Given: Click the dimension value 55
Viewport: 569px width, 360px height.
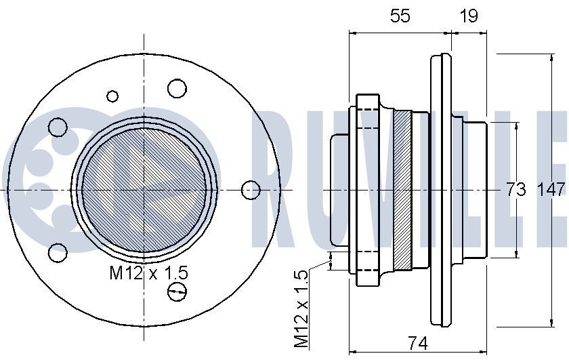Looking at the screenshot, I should click(x=400, y=16).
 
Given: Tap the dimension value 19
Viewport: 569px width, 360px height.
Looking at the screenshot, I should click(x=468, y=16).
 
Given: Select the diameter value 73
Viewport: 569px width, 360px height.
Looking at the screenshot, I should click(x=516, y=191).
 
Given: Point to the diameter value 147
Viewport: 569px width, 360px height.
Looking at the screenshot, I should click(x=551, y=191).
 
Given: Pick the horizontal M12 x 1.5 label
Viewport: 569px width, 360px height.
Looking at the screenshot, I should click(x=149, y=273).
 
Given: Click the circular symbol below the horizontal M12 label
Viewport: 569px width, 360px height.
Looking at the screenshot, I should click(x=177, y=292).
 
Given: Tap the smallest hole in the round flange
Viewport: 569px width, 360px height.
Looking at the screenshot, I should click(x=112, y=96).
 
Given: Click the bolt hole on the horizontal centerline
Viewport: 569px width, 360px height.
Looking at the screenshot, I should click(x=251, y=190).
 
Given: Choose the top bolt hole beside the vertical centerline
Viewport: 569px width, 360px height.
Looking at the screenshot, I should click(x=177, y=87).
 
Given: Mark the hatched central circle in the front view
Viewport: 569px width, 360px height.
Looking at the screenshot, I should click(x=144, y=191).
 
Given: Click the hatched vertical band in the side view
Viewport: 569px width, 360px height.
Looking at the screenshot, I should click(x=402, y=191).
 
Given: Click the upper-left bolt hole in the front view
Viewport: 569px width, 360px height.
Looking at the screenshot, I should click(x=58, y=127).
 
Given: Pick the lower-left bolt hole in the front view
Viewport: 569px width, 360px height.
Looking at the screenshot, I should click(x=58, y=254).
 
